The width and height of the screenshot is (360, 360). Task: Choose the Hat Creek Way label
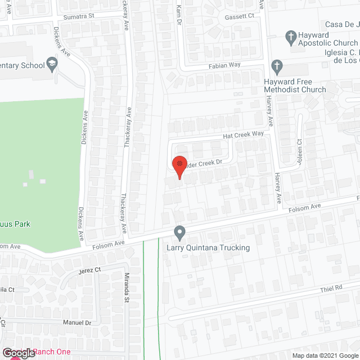click(x=244, y=134)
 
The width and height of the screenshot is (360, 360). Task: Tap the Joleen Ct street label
click(x=300, y=148)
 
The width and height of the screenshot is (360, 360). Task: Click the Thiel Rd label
click(x=331, y=288)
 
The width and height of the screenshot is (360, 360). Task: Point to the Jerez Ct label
click(x=89, y=270)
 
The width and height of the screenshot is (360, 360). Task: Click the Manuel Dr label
click(x=80, y=323)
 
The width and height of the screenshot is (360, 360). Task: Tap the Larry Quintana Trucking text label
click(x=208, y=247)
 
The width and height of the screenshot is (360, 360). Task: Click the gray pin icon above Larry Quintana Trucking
click(x=179, y=232)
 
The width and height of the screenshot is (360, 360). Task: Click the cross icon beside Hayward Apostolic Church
click(x=290, y=38)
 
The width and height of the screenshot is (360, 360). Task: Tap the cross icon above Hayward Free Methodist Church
click(x=276, y=66)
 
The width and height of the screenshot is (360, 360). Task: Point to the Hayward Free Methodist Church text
click(x=295, y=85)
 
